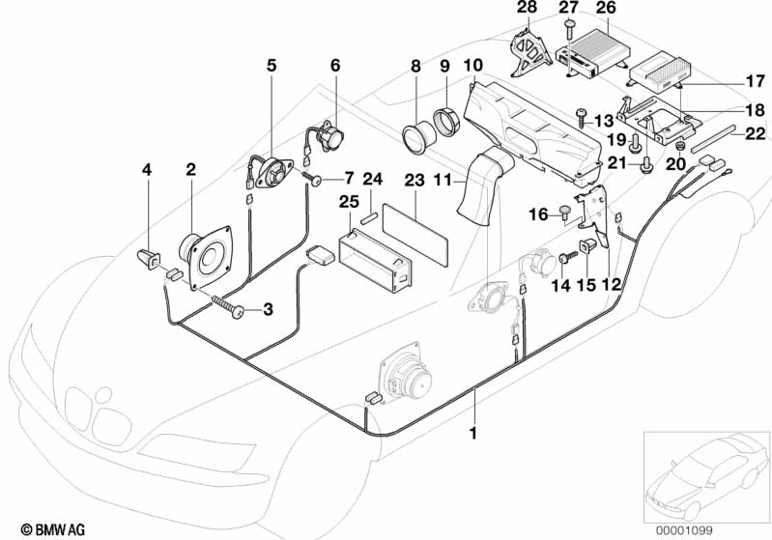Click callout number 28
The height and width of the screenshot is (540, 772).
point(525,9)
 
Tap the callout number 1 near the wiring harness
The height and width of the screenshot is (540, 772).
point(473,434)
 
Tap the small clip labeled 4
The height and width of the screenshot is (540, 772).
point(150,258)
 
